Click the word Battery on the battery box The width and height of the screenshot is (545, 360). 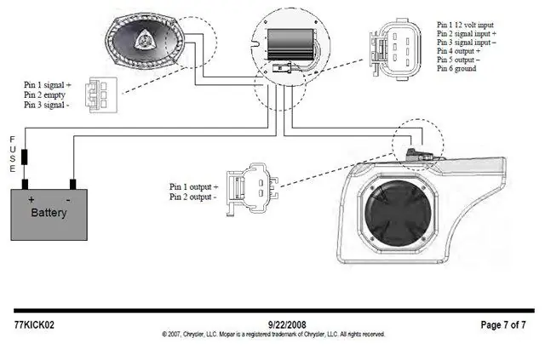(49, 212)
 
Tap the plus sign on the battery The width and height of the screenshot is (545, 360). (32, 199)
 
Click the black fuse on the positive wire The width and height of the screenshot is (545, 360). (25, 157)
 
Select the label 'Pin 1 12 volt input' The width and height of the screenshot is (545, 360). (465, 25)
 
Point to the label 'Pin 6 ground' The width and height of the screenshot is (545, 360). (456, 68)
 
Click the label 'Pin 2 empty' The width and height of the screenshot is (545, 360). (44, 94)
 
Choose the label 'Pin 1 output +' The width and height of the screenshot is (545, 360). (193, 187)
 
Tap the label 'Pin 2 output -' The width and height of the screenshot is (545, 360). (193, 197)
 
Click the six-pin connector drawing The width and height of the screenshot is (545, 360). (395, 49)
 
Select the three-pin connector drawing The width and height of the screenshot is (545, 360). (101, 94)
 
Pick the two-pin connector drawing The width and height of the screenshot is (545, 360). (252, 189)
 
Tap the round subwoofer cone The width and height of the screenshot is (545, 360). (398, 213)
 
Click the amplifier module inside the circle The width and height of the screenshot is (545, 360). (290, 43)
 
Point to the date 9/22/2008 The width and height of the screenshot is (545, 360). (287, 324)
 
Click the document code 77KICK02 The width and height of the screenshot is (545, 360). (34, 325)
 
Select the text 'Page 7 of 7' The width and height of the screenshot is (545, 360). (503, 325)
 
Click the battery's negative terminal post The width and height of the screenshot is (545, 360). (72, 184)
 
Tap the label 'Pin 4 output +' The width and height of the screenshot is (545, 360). (458, 51)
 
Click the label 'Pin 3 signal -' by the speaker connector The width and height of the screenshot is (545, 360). (47, 105)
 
